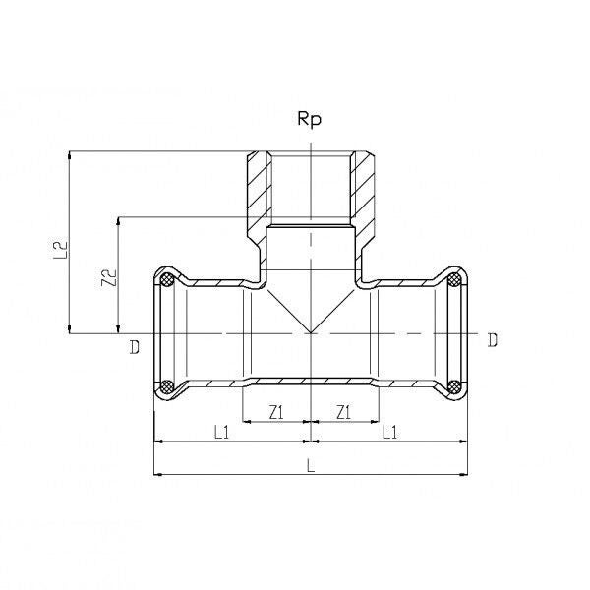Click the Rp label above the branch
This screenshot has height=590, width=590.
pyautogui.click(x=310, y=119)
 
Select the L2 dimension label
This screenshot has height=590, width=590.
pyautogui.click(x=60, y=249)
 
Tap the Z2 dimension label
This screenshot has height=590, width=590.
pyautogui.click(x=109, y=277)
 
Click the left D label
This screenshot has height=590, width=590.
pyautogui.click(x=135, y=347)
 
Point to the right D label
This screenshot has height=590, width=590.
pyautogui.click(x=493, y=340)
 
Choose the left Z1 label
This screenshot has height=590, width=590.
pyautogui.click(x=276, y=413)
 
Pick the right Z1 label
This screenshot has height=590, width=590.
pyautogui.click(x=343, y=412)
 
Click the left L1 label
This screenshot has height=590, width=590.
pyautogui.click(x=221, y=432)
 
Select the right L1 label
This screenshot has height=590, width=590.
pyautogui.click(x=389, y=432)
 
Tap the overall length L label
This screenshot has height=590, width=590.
pyautogui.click(x=311, y=465)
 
